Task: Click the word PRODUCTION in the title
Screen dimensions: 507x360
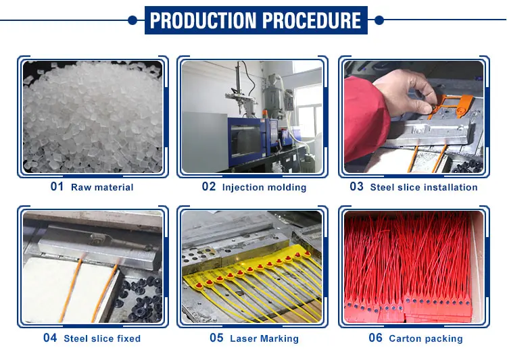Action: click(x=203, y=20)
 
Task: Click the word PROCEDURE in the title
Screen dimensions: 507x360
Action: click(x=312, y=20)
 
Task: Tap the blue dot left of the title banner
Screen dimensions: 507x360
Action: click(x=132, y=20)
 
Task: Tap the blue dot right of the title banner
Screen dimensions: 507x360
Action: click(x=379, y=20)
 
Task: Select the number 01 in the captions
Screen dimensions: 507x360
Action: click(x=57, y=186)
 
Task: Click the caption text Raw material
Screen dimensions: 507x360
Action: click(x=102, y=187)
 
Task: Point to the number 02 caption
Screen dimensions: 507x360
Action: click(x=209, y=186)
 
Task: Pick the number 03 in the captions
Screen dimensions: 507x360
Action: click(x=356, y=186)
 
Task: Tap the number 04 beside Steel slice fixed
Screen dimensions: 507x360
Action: click(x=50, y=338)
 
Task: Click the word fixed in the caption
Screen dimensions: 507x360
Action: click(x=128, y=338)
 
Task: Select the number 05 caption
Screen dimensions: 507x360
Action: click(x=216, y=338)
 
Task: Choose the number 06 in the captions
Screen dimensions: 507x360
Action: click(x=375, y=338)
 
